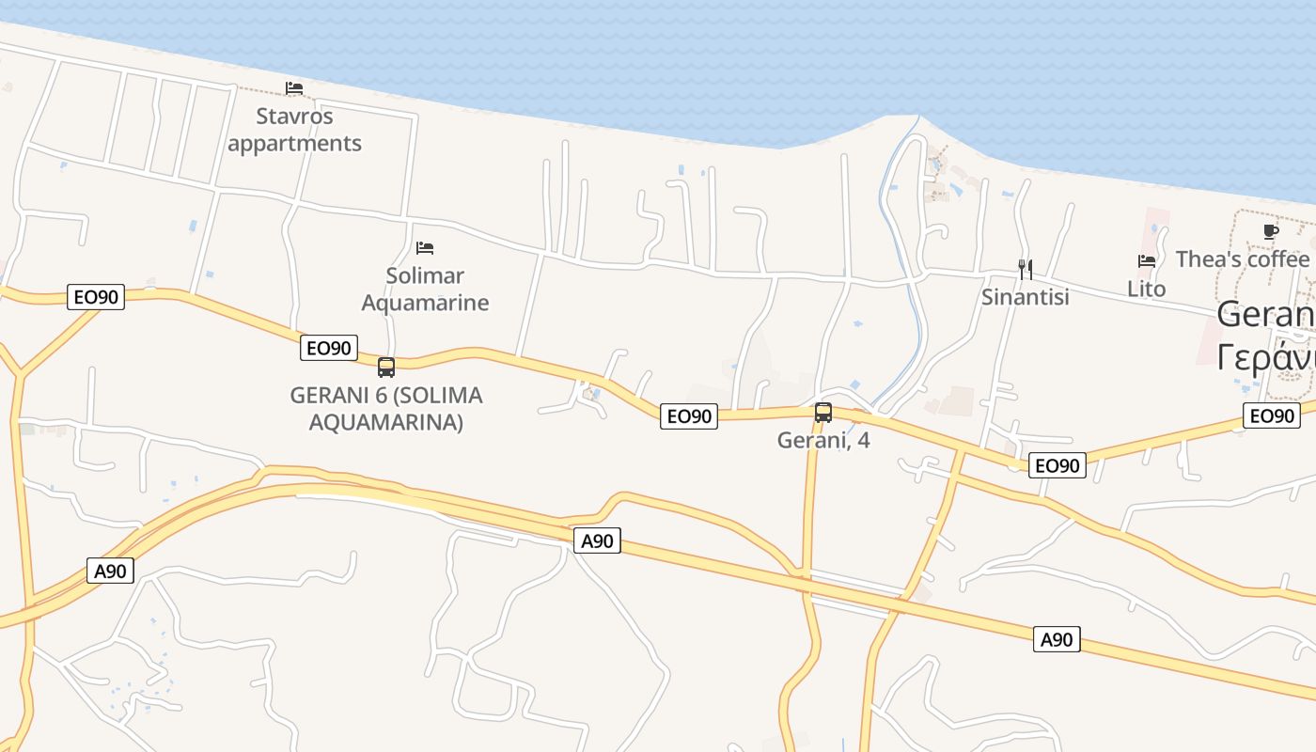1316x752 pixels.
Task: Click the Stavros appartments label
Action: (x=294, y=130)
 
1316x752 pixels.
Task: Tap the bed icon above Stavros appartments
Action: (x=294, y=88)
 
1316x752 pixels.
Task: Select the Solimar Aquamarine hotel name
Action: (x=425, y=289)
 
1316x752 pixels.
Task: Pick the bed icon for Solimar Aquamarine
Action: (x=425, y=248)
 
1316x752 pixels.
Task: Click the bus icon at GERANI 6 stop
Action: (x=386, y=368)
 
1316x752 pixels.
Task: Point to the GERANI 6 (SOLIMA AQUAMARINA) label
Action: (x=386, y=409)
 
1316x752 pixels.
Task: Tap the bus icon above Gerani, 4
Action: (x=823, y=412)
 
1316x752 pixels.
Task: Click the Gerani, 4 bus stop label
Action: (x=823, y=439)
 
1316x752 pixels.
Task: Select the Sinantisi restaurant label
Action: (x=1026, y=297)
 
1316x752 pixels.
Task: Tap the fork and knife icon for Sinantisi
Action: (x=1026, y=270)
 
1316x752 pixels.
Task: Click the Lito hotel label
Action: (x=1147, y=289)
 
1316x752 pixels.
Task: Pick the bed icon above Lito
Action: (x=1147, y=260)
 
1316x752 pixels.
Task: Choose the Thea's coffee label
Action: (x=1243, y=259)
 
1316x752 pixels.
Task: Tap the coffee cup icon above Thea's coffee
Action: (x=1271, y=231)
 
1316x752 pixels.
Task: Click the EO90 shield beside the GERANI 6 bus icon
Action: (x=329, y=348)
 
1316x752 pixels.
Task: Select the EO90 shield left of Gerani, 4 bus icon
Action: (x=689, y=415)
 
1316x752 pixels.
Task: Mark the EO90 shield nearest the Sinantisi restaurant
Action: (x=1057, y=464)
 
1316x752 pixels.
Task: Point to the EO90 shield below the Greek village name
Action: (x=1272, y=415)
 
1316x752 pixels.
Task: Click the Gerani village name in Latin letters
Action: (x=1265, y=314)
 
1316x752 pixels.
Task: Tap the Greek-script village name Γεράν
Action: (x=1265, y=357)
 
